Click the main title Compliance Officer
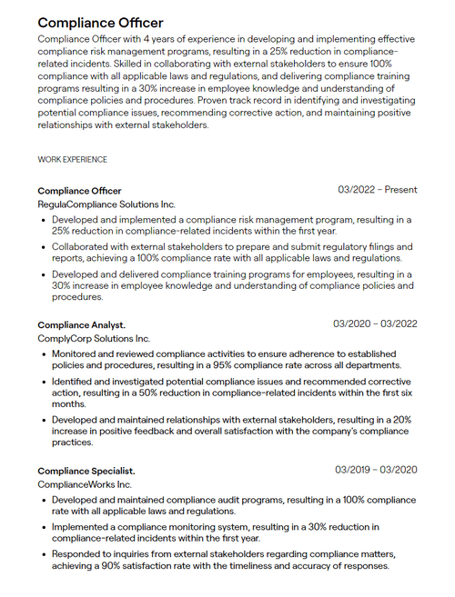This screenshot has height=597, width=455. pyautogui.click(x=100, y=22)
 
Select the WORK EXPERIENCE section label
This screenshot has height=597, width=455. pyautogui.click(x=72, y=159)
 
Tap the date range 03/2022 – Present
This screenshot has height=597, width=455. pyautogui.click(x=378, y=190)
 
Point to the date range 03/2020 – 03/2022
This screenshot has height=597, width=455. pyautogui.click(x=375, y=323)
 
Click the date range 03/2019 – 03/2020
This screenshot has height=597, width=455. pyautogui.click(x=376, y=470)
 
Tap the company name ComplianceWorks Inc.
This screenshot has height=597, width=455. pyautogui.click(x=85, y=484)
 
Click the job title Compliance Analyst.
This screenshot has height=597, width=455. pyautogui.click(x=81, y=324)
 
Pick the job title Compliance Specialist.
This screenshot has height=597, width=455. pyautogui.click(x=86, y=471)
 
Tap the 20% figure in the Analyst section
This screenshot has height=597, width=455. pyautogui.click(x=401, y=421)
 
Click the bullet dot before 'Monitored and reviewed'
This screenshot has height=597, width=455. pyautogui.click(x=44, y=354)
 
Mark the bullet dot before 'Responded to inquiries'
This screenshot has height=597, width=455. pyautogui.click(x=44, y=554)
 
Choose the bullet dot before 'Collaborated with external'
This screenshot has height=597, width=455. pyautogui.click(x=44, y=246)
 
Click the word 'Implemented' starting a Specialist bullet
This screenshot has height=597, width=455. pyautogui.click(x=83, y=526)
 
